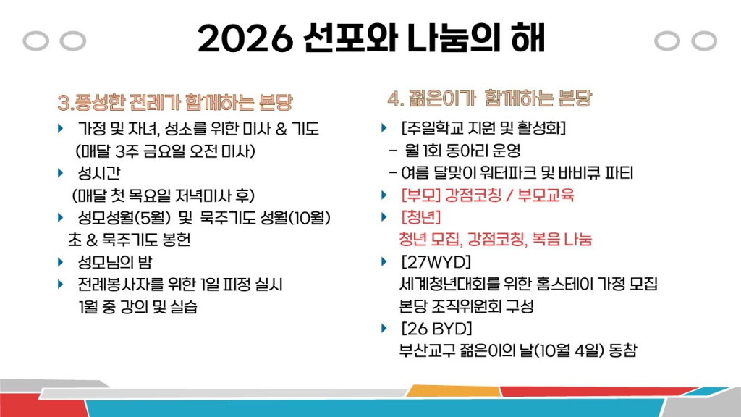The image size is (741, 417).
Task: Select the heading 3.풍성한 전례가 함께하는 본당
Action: tap(174, 102)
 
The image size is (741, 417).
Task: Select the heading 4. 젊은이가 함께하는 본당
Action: tap(489, 98)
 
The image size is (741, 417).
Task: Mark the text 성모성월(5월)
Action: tap(123, 217)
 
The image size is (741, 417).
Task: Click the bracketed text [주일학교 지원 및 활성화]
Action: tap(483, 129)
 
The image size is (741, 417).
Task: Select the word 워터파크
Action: tap(521, 173)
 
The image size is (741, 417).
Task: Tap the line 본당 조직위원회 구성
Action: tap(466, 306)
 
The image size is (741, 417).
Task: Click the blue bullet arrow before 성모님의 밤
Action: tap(60, 261)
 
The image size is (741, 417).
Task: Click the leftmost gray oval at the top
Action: tap(35, 41)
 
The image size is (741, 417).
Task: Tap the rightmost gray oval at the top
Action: tap(703, 41)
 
